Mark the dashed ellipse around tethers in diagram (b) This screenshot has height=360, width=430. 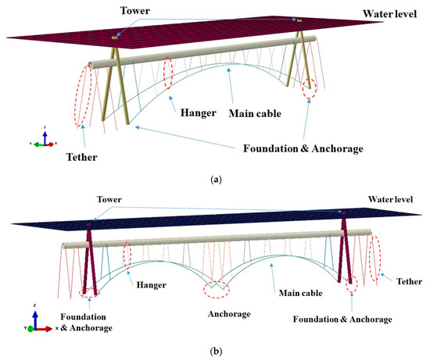(x=377, y=251)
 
